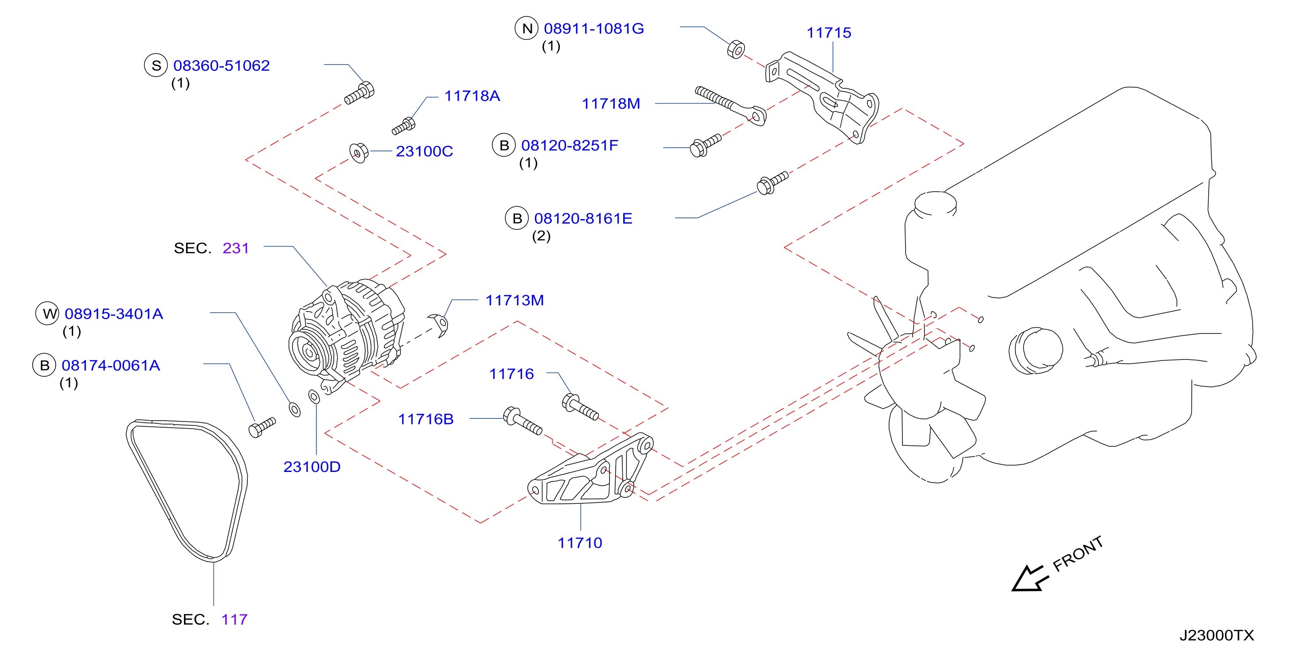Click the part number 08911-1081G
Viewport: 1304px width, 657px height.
(593, 28)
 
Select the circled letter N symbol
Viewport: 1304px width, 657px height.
(527, 28)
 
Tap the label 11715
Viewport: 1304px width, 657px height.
(829, 33)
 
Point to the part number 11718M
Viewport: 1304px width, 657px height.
(611, 104)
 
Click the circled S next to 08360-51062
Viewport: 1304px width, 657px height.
(156, 65)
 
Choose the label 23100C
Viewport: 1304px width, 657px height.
(424, 151)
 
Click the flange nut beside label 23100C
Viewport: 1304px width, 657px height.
(359, 153)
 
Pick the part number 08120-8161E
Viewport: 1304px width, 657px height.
(583, 219)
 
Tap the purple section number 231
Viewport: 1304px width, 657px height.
(236, 248)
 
